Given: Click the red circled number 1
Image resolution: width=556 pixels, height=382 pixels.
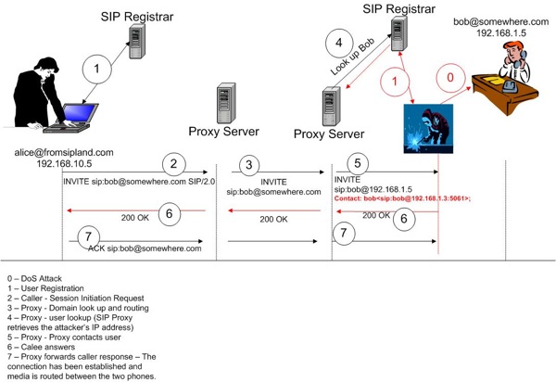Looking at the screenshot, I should click(397, 83).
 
